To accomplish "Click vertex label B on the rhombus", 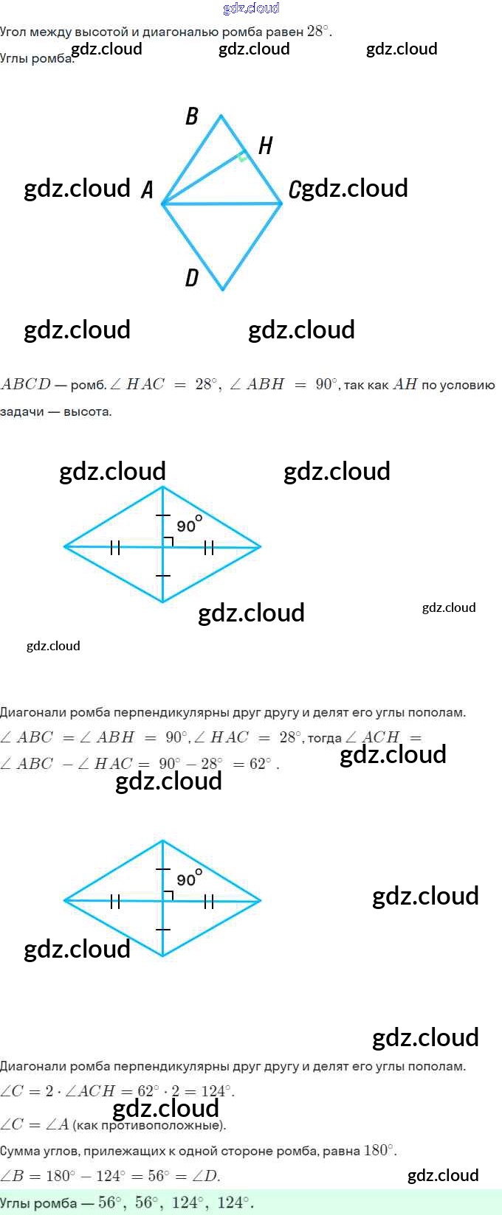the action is pos(192,116).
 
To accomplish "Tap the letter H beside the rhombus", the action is pos(266,146).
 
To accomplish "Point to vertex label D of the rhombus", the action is pos(192,278).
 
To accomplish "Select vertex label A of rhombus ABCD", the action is pos(147,190).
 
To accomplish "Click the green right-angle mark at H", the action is pos(241,156).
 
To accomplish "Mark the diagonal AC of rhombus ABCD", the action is pos(221,203).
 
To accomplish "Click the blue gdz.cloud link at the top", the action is pos(251,8).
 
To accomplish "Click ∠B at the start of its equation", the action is pos(13,1176).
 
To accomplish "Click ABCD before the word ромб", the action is pos(26,385).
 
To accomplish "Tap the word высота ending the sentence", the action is pos(87,411).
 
